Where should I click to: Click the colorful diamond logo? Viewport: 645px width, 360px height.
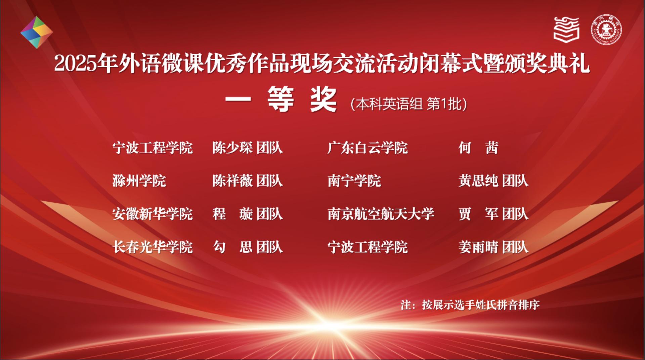pyautogui.click(x=37, y=32)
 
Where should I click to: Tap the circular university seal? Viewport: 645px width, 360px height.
pyautogui.click(x=606, y=30)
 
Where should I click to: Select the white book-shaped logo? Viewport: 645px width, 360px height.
pyautogui.click(x=566, y=29)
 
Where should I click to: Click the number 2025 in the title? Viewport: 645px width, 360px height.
pyautogui.click(x=76, y=64)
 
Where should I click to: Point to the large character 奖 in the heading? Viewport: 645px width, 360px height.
pyautogui.click(x=323, y=99)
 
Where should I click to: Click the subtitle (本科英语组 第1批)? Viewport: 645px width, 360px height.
pyautogui.click(x=408, y=104)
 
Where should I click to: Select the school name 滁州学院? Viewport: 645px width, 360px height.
pyautogui.click(x=139, y=181)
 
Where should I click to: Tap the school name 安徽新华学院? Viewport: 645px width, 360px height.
pyautogui.click(x=153, y=214)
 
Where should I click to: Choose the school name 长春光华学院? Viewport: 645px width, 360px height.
pyautogui.click(x=153, y=247)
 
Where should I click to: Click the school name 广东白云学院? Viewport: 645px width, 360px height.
pyautogui.click(x=368, y=148)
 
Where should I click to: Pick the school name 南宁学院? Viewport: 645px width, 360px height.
pyautogui.click(x=354, y=181)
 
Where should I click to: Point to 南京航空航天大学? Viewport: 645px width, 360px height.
pyautogui.click(x=381, y=214)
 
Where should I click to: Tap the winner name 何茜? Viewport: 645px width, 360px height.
pyautogui.click(x=478, y=148)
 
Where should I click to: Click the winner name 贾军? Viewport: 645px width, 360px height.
pyautogui.click(x=478, y=214)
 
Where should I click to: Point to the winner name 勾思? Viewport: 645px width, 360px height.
pyautogui.click(x=232, y=247)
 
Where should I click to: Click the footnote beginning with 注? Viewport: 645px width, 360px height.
pyautogui.click(x=470, y=305)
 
